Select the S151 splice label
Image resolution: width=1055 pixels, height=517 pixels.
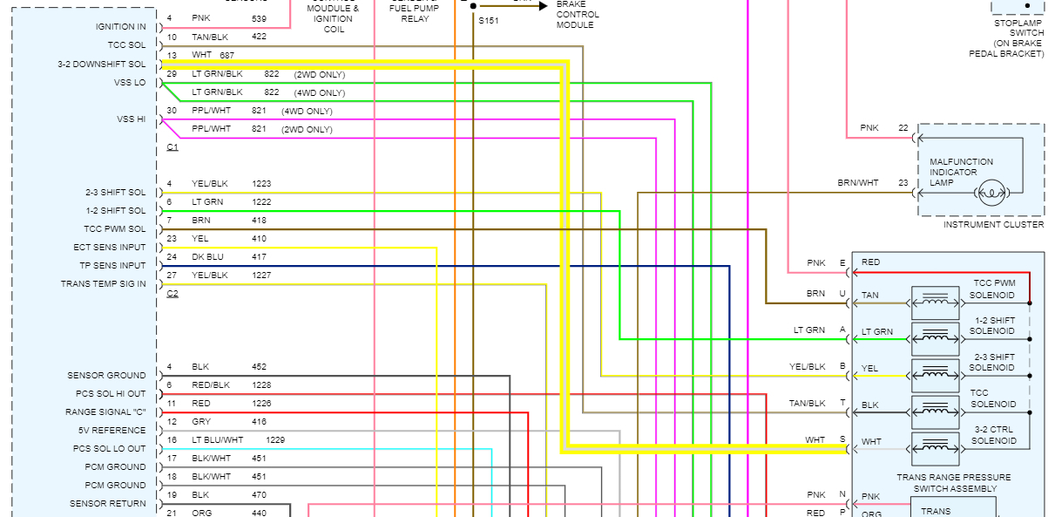488,20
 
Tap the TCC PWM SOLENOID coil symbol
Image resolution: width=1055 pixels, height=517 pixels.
935,302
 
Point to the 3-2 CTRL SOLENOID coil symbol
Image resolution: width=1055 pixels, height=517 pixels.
935,449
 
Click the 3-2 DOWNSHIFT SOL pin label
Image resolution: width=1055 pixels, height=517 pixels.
102,65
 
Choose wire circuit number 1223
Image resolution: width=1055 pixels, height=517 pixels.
261,184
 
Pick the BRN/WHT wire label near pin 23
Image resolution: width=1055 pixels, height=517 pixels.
858,183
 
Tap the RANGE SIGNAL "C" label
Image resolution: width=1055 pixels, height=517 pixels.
105,412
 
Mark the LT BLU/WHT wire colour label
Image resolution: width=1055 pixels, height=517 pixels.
218,440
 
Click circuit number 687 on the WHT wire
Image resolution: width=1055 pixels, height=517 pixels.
227,56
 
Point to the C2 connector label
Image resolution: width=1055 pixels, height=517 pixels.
172,294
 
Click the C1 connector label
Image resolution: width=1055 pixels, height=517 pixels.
172,147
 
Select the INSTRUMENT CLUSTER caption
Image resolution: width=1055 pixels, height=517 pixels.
993,225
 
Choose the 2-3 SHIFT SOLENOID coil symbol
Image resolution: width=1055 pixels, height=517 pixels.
935,375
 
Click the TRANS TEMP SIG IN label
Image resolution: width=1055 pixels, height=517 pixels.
104,284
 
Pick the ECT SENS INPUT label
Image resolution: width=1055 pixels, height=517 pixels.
110,248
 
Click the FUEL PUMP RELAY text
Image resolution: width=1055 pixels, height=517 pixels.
415,12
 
